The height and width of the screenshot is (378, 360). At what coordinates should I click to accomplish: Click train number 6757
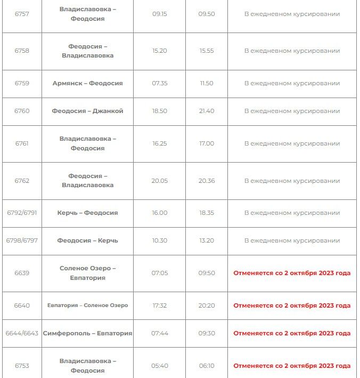pos(22,14)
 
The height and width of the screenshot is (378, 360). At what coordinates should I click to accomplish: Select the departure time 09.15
pos(159,14)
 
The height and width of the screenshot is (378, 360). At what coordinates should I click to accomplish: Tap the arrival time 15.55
pos(206,51)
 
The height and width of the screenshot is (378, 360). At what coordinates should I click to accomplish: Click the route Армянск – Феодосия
pos(87,83)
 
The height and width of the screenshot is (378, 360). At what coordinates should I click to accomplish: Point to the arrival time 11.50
pos(206,83)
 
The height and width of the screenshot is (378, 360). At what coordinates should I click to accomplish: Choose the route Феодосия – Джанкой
pos(87,111)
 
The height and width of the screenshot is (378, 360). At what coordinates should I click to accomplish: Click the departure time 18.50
pos(159,111)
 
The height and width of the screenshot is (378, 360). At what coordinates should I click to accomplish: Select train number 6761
pos(22,143)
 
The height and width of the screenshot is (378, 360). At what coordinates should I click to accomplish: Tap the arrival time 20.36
pos(206,181)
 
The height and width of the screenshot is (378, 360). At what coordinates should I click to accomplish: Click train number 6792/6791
pos(22,213)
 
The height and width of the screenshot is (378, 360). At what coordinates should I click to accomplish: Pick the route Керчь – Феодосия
pos(87,213)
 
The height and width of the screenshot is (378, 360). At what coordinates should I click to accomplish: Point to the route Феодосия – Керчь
pos(87,240)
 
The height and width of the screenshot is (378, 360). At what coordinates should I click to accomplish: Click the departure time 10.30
pos(159,240)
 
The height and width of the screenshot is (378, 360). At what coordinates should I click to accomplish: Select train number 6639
pos(22,273)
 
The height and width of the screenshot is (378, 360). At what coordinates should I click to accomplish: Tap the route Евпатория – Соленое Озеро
pos(87,305)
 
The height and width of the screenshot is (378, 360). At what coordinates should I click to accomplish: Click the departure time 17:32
pos(159,305)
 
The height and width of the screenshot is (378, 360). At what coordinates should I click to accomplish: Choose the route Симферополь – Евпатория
pos(87,333)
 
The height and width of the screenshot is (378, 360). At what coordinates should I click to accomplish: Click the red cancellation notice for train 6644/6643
pos(292,333)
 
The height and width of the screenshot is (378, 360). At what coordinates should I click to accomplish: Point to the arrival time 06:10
pos(206,366)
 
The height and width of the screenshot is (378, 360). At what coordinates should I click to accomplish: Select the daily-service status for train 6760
pos(292,111)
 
